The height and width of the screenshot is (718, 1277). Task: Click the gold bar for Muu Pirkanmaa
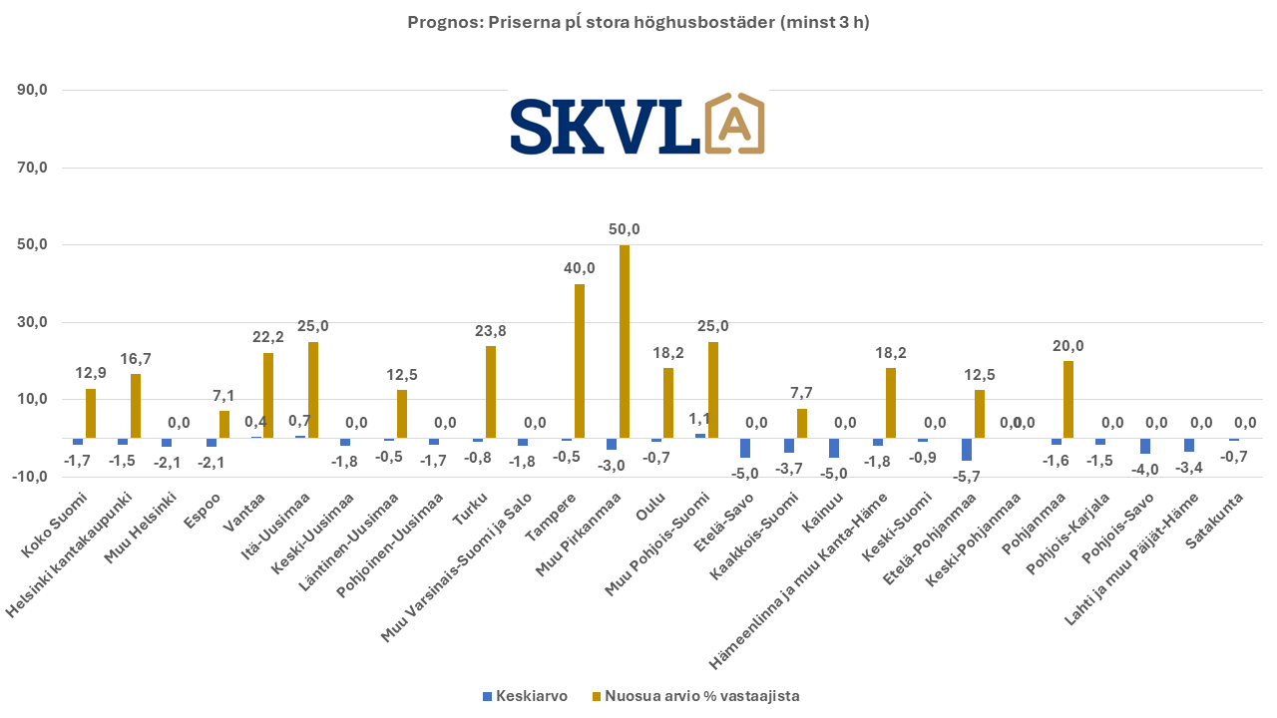625,341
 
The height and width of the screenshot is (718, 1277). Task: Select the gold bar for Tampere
580,361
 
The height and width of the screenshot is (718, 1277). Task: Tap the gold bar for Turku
490,392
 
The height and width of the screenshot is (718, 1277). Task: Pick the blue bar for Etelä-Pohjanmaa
967,449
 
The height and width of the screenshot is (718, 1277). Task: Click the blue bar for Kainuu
833,447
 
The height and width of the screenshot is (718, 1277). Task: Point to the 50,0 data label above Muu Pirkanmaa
625,229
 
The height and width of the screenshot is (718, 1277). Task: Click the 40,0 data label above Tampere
580,268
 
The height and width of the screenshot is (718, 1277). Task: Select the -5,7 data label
967,476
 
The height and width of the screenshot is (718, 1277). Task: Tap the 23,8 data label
490,330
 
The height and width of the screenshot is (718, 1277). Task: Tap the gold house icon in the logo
733,125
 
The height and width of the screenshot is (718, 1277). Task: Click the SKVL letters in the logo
604,126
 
